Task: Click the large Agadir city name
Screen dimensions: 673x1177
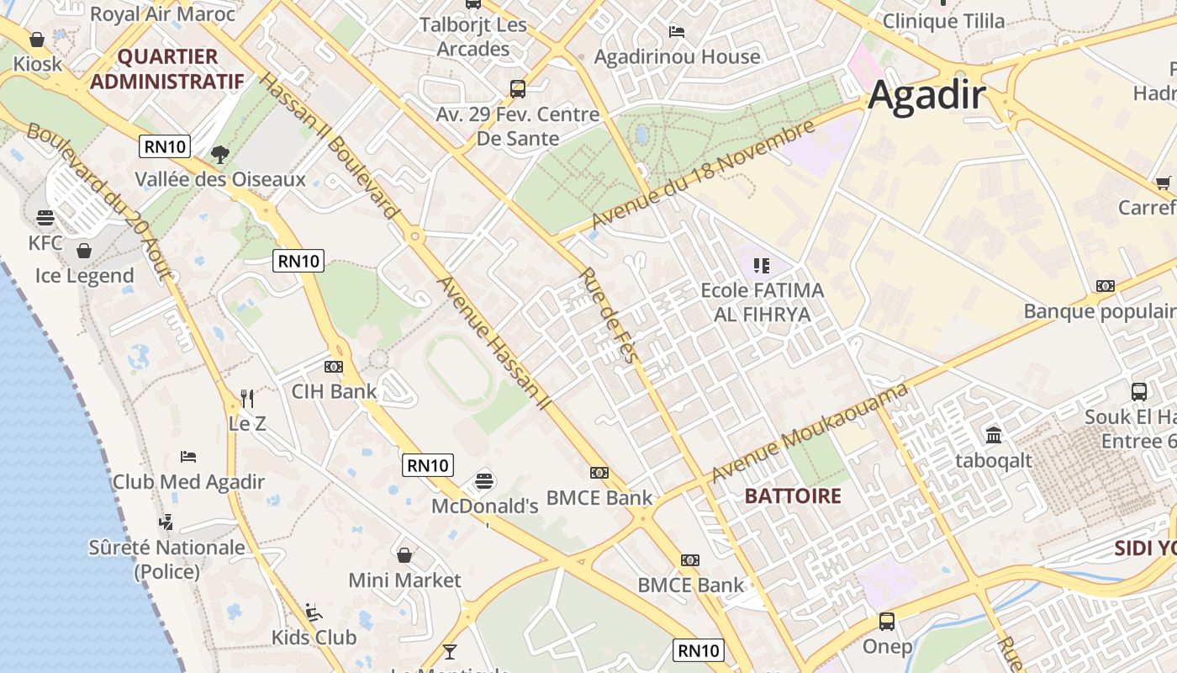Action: pos(926,94)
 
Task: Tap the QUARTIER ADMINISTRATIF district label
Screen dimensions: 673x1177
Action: pos(166,69)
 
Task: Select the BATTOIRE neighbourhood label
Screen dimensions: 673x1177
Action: pos(793,495)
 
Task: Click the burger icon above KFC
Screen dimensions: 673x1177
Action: pos(45,219)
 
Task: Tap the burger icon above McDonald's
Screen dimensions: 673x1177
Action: pos(484,481)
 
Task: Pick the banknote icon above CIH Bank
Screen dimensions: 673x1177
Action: pos(334,367)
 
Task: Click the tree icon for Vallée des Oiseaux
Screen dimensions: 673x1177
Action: pos(220,154)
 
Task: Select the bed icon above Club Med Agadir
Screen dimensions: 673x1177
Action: pos(188,457)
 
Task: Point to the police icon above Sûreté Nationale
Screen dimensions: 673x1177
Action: pos(166,522)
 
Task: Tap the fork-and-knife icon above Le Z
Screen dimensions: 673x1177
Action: pos(247,398)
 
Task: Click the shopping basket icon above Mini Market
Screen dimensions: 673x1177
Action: pos(404,555)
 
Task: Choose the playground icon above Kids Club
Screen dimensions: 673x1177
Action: pos(314,612)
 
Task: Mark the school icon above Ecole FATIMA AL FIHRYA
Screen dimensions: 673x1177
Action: pos(762,266)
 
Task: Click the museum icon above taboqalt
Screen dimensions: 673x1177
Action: pos(994,435)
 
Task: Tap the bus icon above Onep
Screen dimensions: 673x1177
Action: pos(887,622)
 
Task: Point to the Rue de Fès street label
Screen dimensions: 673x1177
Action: pos(608,315)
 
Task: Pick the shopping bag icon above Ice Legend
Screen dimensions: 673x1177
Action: pos(84,251)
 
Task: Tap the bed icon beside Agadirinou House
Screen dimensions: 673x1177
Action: pos(677,32)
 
